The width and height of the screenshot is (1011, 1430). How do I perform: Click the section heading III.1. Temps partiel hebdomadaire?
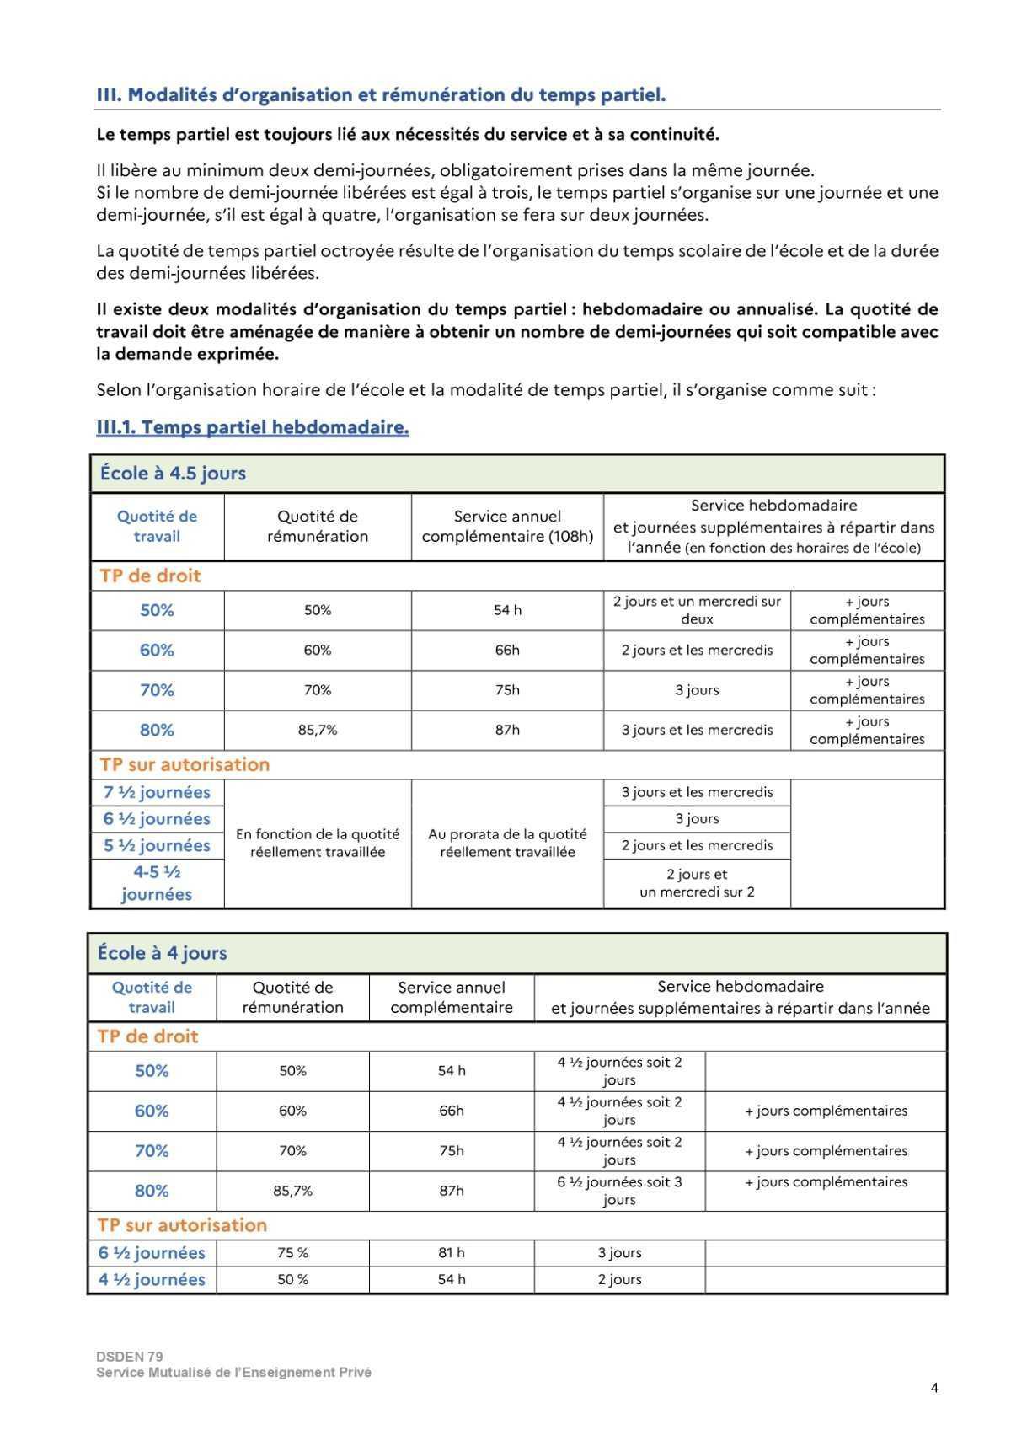(x=253, y=427)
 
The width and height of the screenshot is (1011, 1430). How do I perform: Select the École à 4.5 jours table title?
(x=173, y=473)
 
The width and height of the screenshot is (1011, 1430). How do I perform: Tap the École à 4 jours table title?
(x=162, y=953)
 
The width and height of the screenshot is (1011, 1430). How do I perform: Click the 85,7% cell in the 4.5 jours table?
(x=318, y=730)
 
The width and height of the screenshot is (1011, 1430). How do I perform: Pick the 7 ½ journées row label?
(x=157, y=792)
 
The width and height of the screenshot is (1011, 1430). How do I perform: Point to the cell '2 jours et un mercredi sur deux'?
(x=697, y=610)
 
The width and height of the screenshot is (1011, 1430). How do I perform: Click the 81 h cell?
(x=451, y=1252)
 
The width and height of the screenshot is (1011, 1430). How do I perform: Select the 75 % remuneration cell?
(x=292, y=1252)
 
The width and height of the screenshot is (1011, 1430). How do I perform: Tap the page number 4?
(x=934, y=1388)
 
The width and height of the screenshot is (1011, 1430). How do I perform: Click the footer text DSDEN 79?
(x=130, y=1357)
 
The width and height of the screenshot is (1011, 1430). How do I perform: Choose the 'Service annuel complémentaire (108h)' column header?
(x=507, y=526)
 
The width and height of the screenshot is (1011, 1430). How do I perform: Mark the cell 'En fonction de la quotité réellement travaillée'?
(x=318, y=843)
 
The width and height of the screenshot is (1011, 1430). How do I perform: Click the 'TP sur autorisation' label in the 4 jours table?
(x=182, y=1224)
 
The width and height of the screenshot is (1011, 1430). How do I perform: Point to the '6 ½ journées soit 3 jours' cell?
(x=619, y=1190)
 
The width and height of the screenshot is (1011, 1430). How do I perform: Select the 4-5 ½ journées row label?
(x=157, y=882)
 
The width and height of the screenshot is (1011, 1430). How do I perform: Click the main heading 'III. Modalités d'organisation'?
(x=381, y=94)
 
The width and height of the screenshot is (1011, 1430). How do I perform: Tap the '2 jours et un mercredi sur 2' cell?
(x=697, y=882)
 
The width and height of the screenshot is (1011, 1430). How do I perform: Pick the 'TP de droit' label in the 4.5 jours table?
(x=150, y=576)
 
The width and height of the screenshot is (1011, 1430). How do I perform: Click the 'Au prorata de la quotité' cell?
(x=507, y=843)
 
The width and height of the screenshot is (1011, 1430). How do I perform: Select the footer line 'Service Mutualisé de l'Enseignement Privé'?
(x=233, y=1372)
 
